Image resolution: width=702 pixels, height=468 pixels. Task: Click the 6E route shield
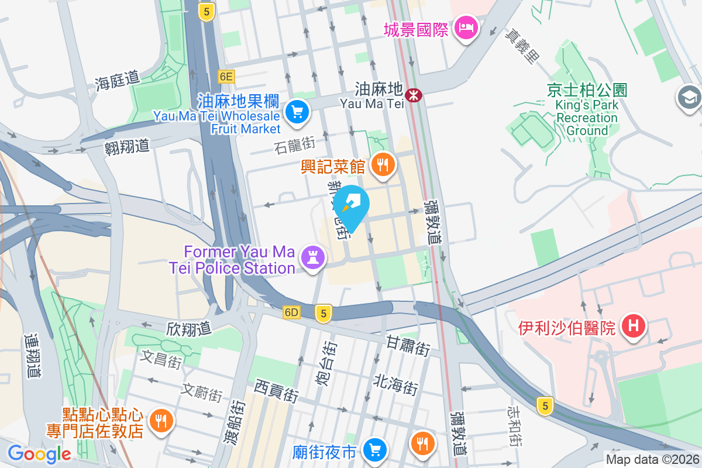pyautogui.click(x=226, y=76)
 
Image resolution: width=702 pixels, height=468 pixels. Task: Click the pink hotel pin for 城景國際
pyautogui.click(x=467, y=27)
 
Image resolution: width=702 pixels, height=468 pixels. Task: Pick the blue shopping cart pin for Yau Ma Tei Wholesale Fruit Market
pyautogui.click(x=297, y=111)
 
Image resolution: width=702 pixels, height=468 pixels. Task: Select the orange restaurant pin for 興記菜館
pyautogui.click(x=383, y=165)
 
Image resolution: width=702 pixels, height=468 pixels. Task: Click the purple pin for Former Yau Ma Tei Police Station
pyautogui.click(x=312, y=257)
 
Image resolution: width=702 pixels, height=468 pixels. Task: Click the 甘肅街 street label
pyautogui.click(x=408, y=346)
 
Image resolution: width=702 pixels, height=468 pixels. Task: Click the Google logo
pyautogui.click(x=39, y=454)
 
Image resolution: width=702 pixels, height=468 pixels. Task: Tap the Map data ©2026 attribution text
pyautogui.click(x=652, y=460)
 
